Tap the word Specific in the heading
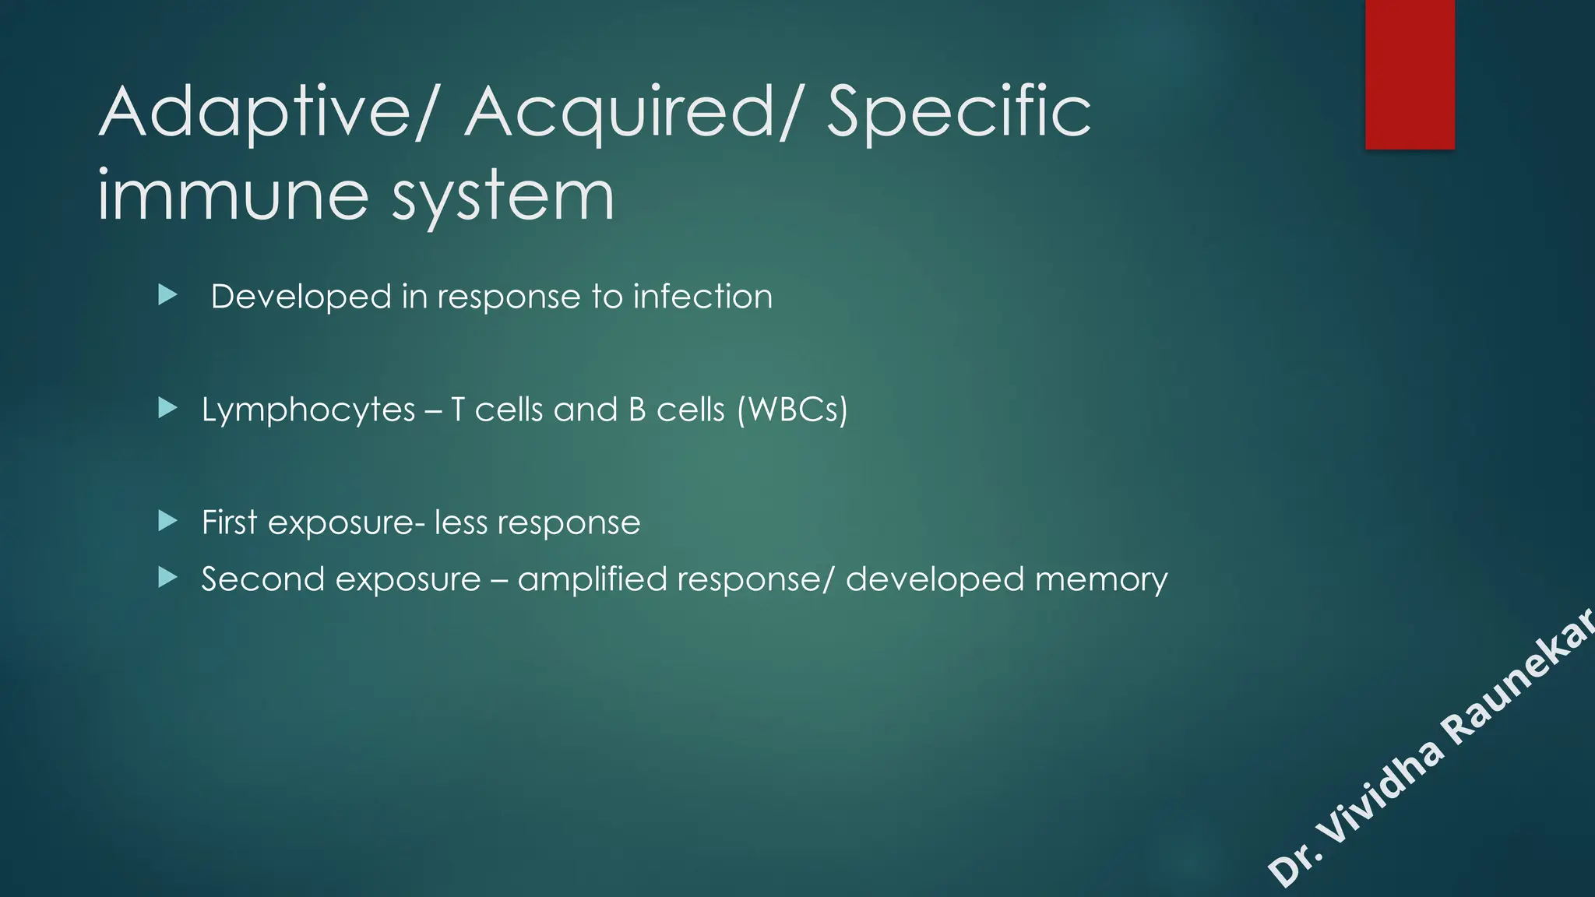958,114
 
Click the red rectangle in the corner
1410,74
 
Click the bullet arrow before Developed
167,295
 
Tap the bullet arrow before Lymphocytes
167,407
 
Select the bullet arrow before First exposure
167,520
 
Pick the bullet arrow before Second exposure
167,577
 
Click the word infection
702,297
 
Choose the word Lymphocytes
308,410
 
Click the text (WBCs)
792,410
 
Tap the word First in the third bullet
229,522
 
